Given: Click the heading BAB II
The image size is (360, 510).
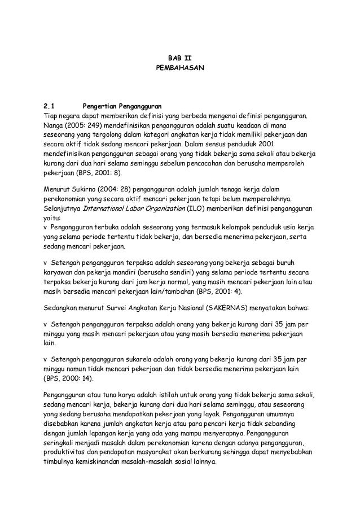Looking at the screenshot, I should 179,58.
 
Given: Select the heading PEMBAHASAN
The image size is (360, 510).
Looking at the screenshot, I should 179,70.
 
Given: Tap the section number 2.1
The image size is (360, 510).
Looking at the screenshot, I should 51,106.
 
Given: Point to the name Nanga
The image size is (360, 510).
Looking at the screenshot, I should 54,125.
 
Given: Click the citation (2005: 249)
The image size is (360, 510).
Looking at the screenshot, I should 87,125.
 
